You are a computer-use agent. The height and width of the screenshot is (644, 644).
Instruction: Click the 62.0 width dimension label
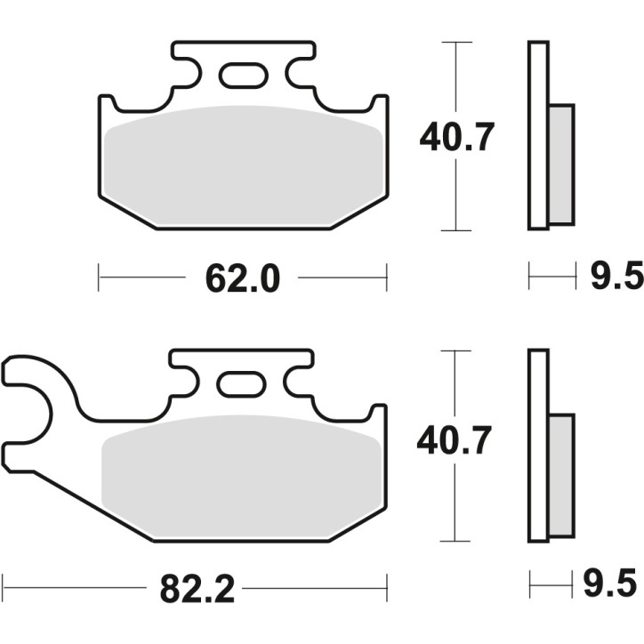tap(242, 279)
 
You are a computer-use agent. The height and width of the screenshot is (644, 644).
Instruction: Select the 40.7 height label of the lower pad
tap(455, 441)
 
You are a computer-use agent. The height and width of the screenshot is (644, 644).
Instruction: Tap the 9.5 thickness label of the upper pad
tap(616, 278)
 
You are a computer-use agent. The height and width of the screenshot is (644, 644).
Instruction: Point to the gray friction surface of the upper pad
tap(242, 165)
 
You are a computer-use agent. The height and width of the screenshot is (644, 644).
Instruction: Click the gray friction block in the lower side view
tap(561, 476)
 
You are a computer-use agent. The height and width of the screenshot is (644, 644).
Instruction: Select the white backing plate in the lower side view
tap(537, 445)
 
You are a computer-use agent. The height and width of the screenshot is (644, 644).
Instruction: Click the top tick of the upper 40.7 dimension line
tap(456, 42)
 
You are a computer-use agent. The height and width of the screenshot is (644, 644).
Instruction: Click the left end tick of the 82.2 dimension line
tap(3, 588)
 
